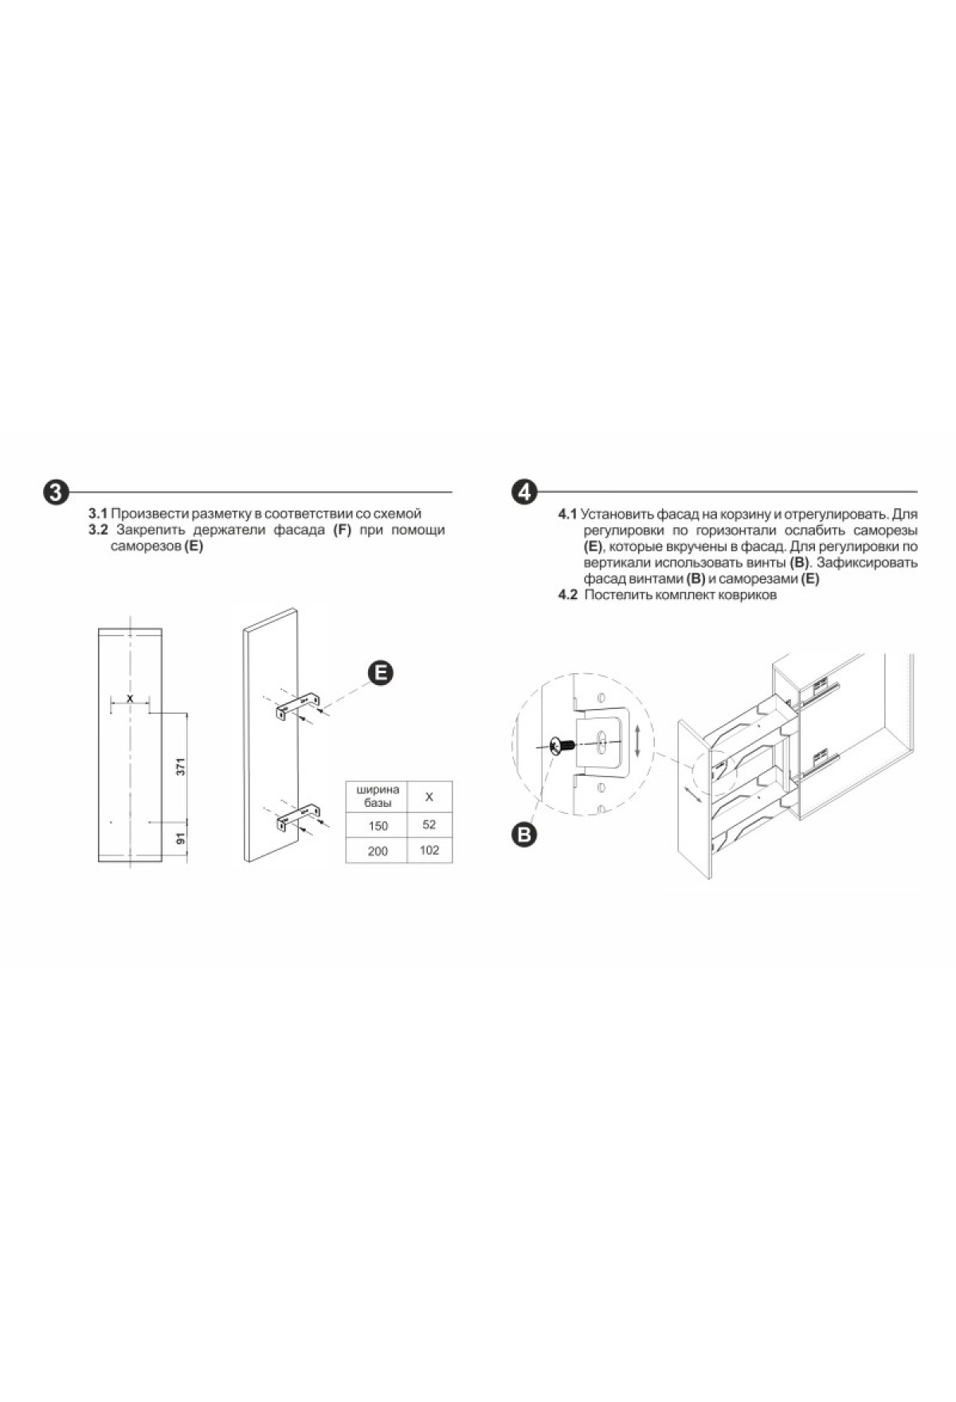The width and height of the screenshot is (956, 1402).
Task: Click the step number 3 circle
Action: pos(55,491)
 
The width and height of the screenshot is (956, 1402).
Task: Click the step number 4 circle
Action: pos(523,491)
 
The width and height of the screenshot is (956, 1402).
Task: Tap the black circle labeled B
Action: pos(523,834)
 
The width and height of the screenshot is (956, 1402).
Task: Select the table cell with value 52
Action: pos(429,824)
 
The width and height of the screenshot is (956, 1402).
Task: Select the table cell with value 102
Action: pos(429,850)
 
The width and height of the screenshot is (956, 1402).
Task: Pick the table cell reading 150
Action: pos(378,825)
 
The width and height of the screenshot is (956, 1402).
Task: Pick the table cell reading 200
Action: pos(378,851)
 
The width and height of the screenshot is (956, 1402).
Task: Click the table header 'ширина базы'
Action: pos(378,796)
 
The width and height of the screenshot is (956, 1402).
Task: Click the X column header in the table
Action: pos(429,797)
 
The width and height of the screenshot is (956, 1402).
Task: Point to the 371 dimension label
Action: pos(181,767)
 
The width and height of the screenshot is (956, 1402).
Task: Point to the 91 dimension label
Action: pos(181,839)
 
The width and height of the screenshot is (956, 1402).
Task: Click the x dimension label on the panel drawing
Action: pos(130,698)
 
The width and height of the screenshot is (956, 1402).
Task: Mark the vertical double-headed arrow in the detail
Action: pos(637,741)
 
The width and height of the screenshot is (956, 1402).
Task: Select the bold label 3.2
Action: pos(98,530)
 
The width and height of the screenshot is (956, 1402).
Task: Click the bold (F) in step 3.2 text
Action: pos(343,531)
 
